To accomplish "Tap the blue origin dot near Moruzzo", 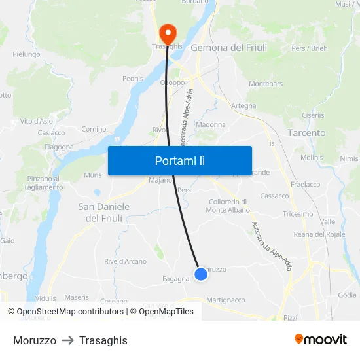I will pos(201,274).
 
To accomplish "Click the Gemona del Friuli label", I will pos(226,48).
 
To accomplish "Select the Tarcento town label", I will pos(306,133).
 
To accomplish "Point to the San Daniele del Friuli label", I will pos(104,212).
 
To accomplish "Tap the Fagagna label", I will pos(175,278).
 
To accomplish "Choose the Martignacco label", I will pos(225,300).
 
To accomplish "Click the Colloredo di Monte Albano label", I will pos(228,206).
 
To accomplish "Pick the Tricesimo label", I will pos(298,214).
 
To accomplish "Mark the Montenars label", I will pos(266,84).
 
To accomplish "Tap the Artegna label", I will pos(243,105).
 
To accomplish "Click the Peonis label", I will pos(133,79).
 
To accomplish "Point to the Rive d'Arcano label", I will pos(125,262).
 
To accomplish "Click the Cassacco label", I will pos(274,196).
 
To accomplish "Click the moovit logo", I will pos(321,339).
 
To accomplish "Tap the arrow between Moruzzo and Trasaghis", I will pos(67,340).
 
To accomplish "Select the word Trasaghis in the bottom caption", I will pos(103,340).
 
